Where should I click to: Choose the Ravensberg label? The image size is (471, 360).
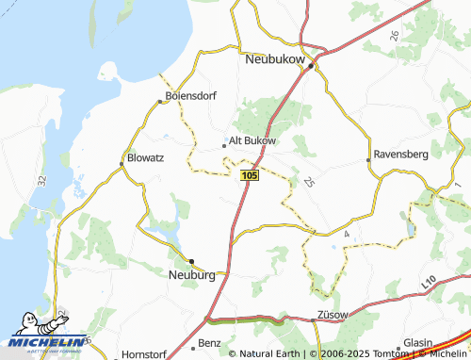[x=401, y=153]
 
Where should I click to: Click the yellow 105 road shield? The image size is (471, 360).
[x=250, y=176]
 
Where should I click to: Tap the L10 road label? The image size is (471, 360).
[x=430, y=281]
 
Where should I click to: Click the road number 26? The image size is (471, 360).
[x=395, y=36]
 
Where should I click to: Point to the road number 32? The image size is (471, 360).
[x=42, y=178]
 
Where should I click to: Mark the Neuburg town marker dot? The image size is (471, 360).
[x=191, y=261]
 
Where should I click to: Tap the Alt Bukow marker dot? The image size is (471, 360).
[x=223, y=145]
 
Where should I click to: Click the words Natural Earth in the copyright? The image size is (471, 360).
[x=269, y=353]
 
